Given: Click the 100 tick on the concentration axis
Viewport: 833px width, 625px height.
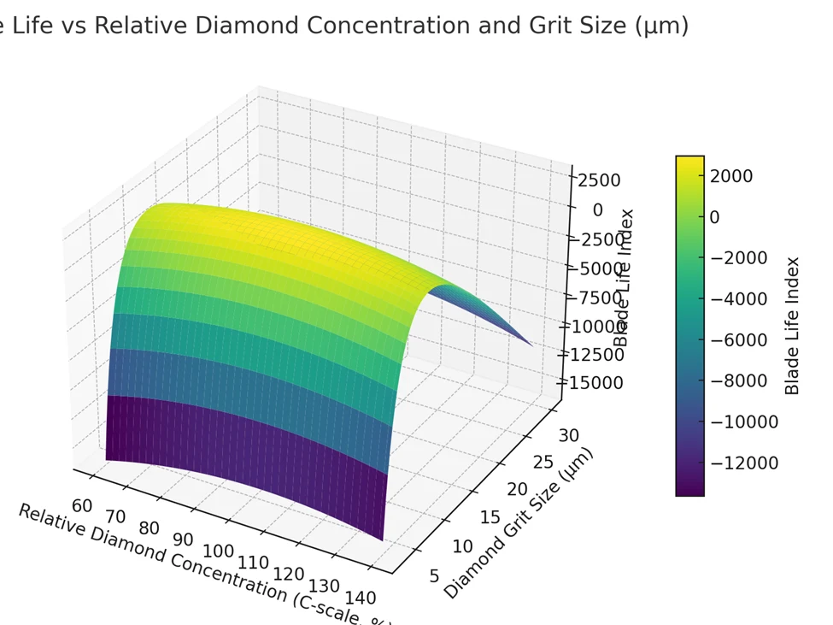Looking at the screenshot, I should click(219, 551).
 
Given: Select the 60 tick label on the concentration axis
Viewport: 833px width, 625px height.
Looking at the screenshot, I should click(82, 505).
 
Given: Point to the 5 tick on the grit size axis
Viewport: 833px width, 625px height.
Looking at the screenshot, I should click(433, 575).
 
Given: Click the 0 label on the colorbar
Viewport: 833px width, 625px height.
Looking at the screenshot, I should click(714, 217).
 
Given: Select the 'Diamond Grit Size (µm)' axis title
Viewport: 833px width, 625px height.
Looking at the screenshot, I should click(518, 522).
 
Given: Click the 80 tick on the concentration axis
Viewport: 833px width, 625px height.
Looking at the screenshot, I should click(149, 528).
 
